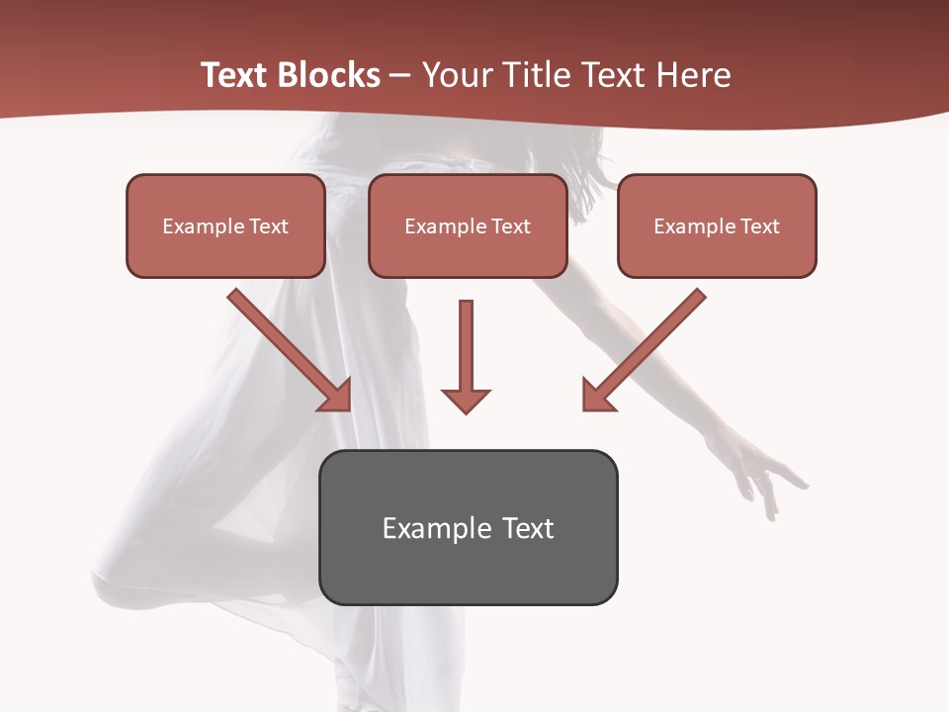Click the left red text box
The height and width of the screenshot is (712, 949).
(x=225, y=225)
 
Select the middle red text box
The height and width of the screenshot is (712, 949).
(x=468, y=225)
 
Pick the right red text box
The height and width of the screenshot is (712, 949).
(x=717, y=225)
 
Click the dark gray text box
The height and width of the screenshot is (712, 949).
(x=468, y=527)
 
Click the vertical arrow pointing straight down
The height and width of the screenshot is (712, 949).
(x=466, y=356)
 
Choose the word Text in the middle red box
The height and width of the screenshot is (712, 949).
(x=511, y=225)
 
